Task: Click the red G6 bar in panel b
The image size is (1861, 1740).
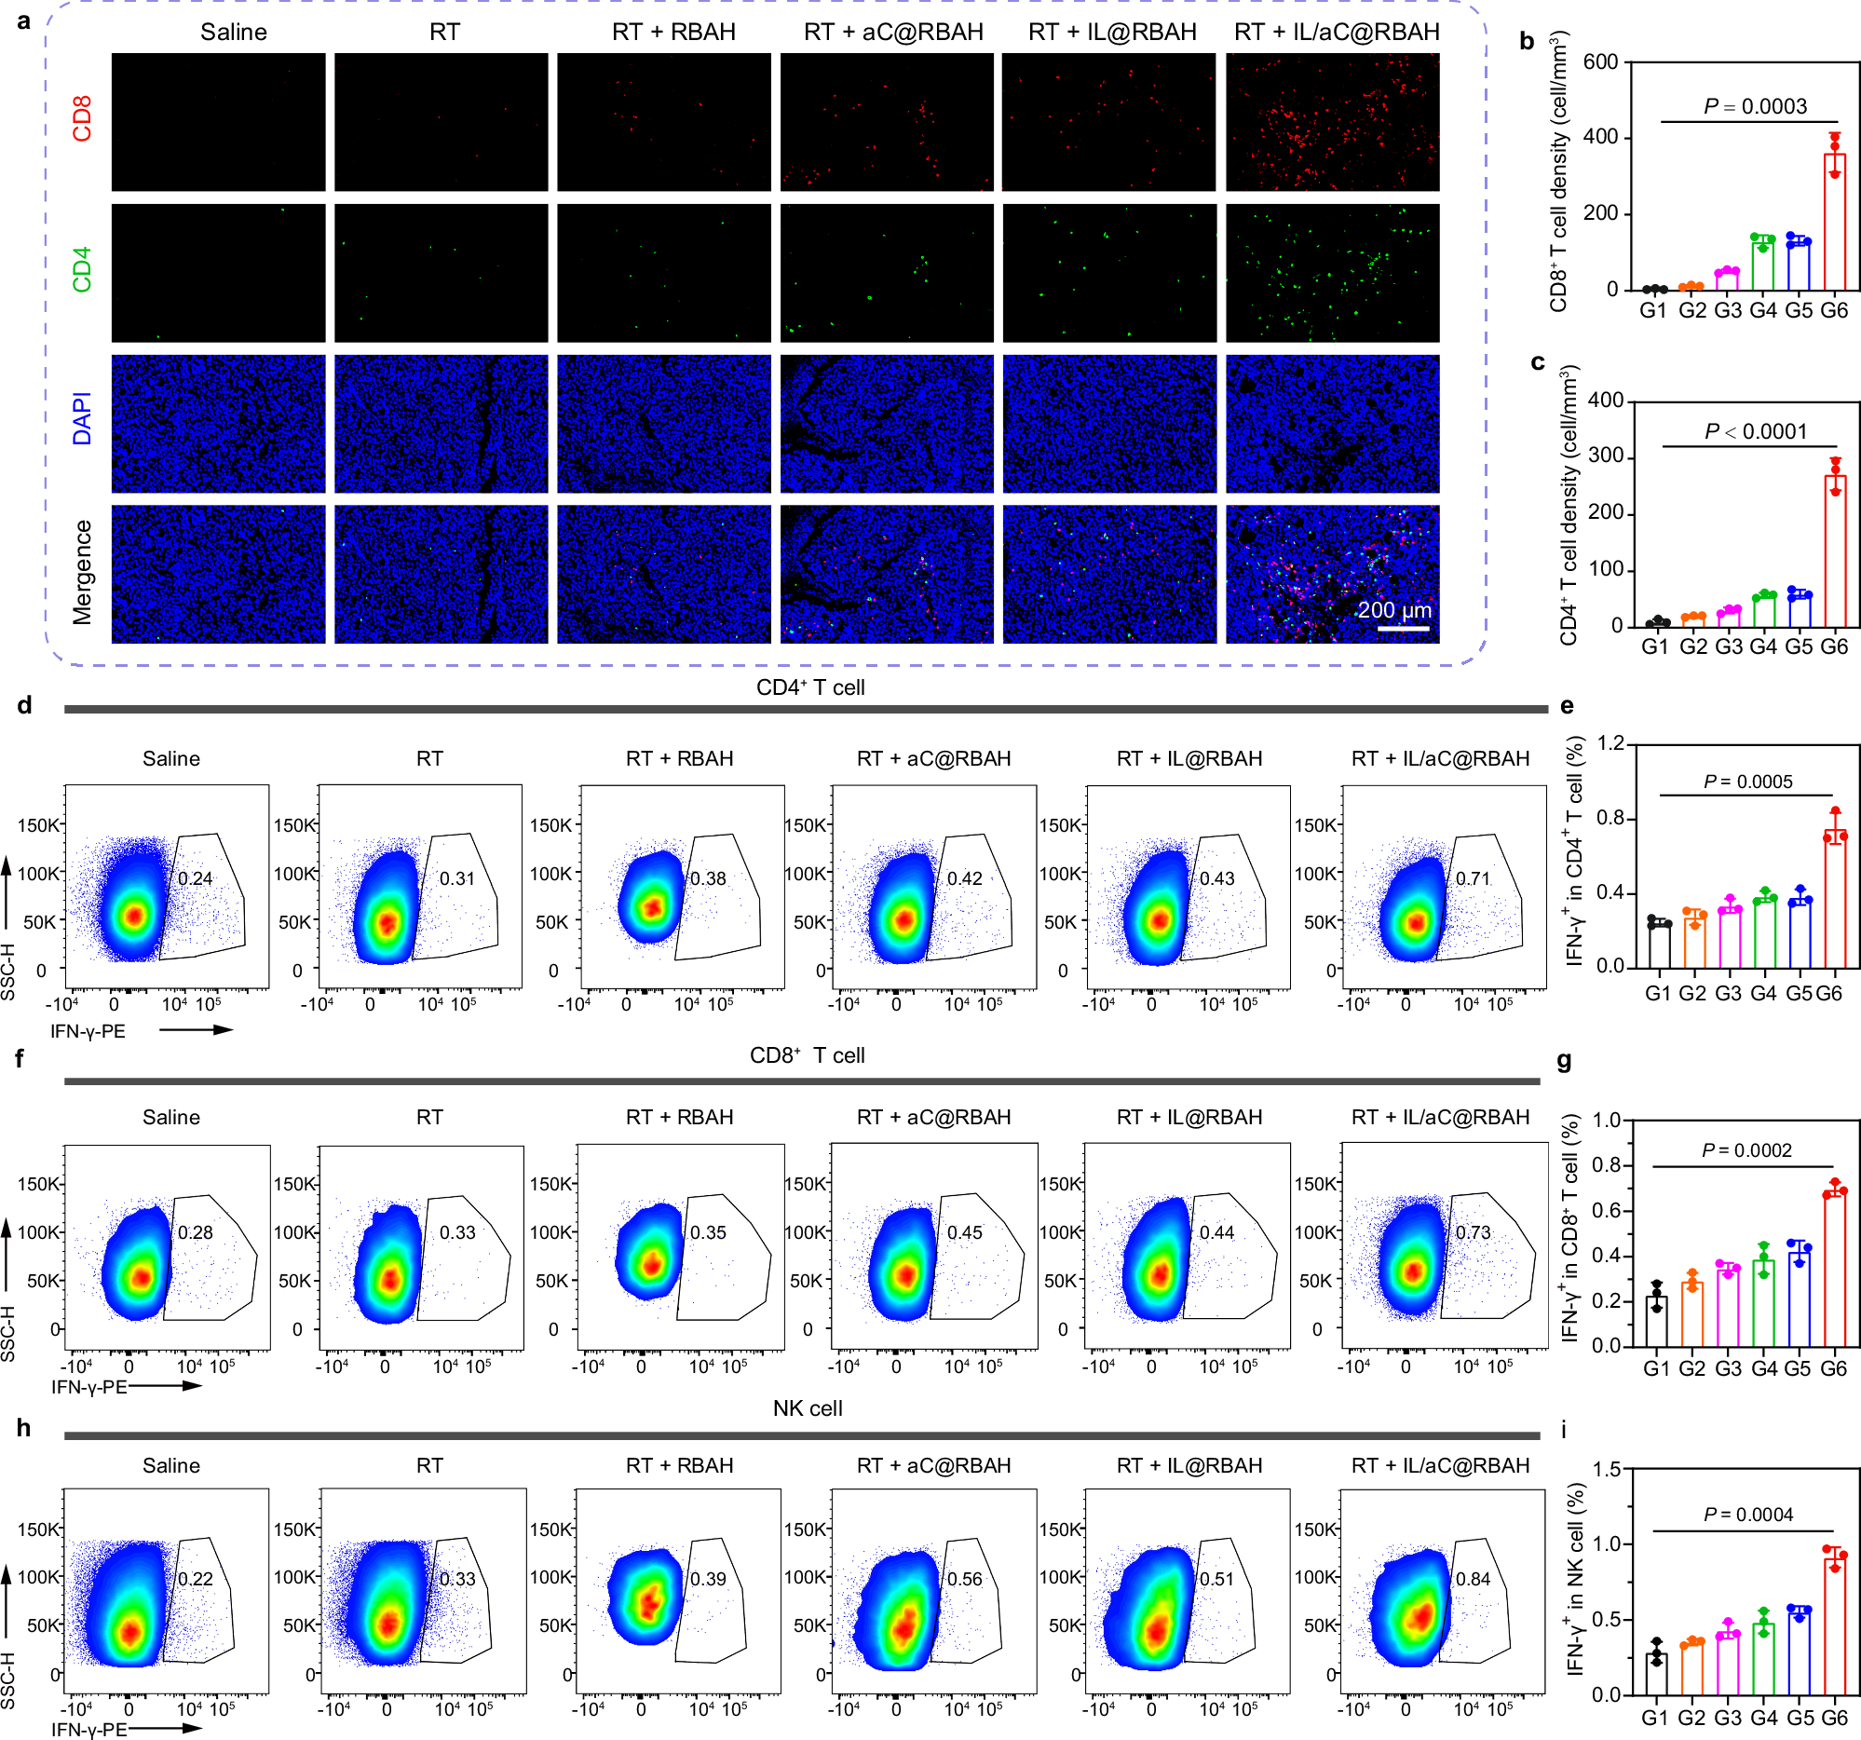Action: coord(1834,223)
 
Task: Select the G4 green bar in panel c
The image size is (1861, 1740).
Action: coord(1763,610)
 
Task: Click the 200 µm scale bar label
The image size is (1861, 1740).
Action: coord(1393,610)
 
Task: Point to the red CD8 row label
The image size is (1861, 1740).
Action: coord(82,121)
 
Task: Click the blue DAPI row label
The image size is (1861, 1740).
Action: coord(82,418)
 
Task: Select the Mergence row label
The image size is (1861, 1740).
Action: coord(82,572)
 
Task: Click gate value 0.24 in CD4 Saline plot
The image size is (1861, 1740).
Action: coord(195,879)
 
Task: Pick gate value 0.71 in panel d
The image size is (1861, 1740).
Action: coord(1473,879)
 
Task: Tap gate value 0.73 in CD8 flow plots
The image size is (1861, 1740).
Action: coord(1473,1232)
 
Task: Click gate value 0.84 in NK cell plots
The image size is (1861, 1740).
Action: coord(1473,1579)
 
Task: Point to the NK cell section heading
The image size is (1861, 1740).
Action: coord(807,1408)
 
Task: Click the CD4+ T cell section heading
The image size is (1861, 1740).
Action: coord(809,688)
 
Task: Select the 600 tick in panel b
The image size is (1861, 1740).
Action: coord(1600,61)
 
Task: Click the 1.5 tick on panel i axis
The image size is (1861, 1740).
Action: coord(1607,1471)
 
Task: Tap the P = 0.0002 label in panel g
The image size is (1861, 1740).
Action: coord(1746,1150)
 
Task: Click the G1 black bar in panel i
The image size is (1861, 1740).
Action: coord(1656,1674)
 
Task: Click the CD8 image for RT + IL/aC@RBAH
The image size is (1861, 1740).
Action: coord(1332,122)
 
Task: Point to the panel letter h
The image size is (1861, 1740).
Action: coord(23,1428)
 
